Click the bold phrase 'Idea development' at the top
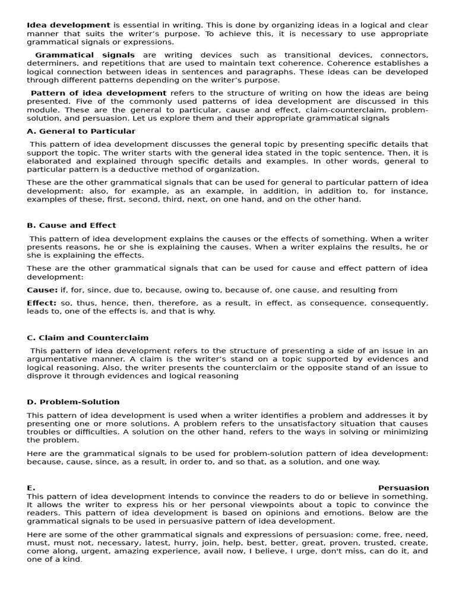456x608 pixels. click(x=68, y=26)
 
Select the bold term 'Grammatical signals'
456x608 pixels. click(x=85, y=55)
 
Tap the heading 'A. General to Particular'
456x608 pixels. click(x=81, y=131)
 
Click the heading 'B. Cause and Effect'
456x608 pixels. click(x=71, y=226)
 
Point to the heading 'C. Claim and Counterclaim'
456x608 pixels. click(x=87, y=338)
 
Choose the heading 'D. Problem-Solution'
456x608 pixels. click(x=73, y=402)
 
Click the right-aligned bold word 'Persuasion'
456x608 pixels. click(x=403, y=488)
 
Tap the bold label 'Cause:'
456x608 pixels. click(x=42, y=290)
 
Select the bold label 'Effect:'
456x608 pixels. click(x=42, y=303)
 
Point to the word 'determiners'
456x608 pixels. click(x=52, y=64)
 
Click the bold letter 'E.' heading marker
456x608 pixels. click(x=31, y=488)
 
